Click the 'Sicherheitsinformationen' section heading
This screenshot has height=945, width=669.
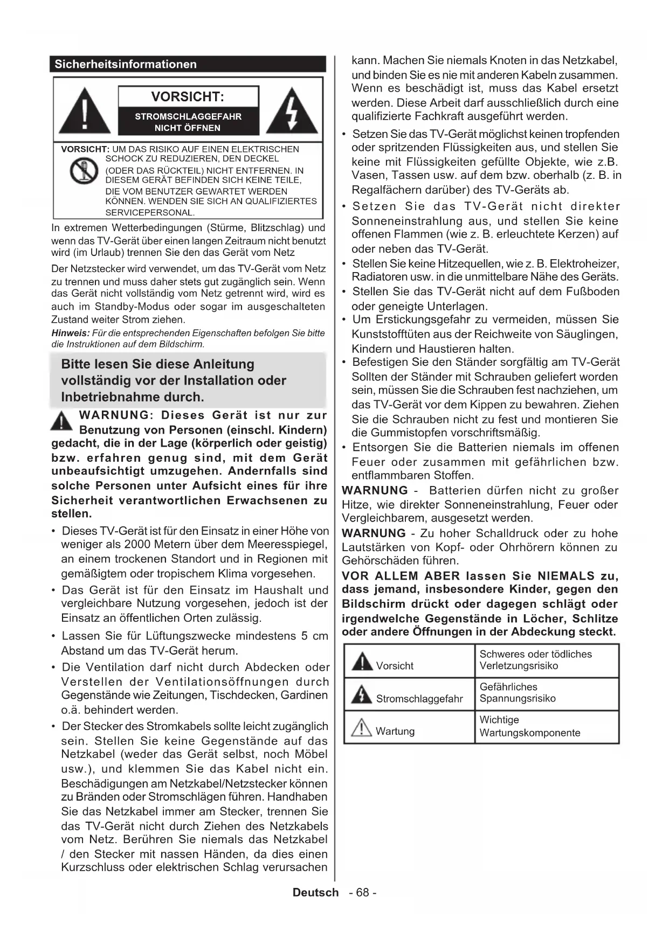coord(125,64)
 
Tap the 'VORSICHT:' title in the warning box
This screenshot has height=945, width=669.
coord(187,97)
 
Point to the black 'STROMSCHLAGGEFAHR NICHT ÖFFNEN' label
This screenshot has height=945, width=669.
coord(188,122)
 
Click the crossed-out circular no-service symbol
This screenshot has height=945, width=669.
coord(84,171)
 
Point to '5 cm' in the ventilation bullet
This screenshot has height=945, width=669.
coord(314,636)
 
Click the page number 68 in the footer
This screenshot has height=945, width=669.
coord(362,892)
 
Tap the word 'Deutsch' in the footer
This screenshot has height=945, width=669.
coord(315,892)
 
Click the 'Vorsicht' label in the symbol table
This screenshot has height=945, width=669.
coord(395,666)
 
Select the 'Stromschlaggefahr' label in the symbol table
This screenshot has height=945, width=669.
coord(419,699)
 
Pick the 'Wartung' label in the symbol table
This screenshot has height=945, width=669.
coord(395,731)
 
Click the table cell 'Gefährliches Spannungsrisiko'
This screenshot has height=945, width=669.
coord(517,693)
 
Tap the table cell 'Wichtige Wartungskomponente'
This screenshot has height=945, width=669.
coord(529,726)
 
